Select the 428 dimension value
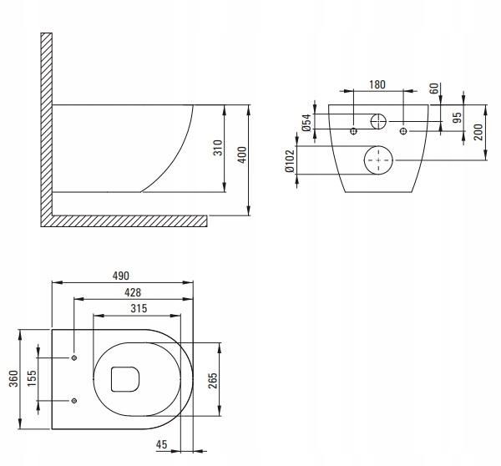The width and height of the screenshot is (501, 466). click(x=131, y=293)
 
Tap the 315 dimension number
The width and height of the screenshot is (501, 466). click(x=139, y=309)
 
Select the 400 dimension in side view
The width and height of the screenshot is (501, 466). click(x=242, y=156)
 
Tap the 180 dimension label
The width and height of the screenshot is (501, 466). click(x=377, y=85)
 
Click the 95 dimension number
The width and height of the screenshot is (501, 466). click(x=457, y=118)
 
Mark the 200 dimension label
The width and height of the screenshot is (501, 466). click(x=479, y=131)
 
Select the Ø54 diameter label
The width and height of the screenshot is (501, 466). click(x=307, y=123)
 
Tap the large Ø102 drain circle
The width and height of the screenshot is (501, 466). click(x=379, y=159)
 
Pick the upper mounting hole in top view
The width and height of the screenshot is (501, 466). click(x=74, y=358)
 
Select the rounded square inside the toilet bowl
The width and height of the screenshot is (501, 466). click(x=124, y=379)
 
